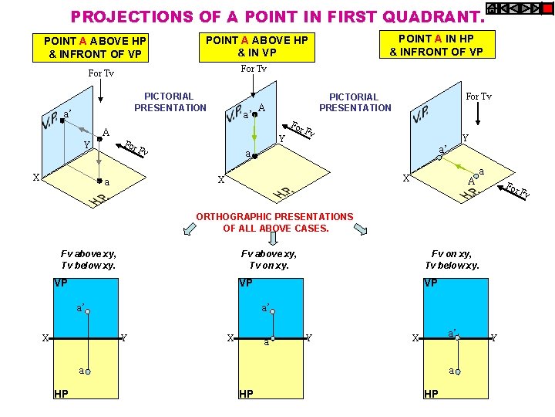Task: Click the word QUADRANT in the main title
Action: (433, 17)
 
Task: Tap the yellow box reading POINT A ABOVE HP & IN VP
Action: (257, 47)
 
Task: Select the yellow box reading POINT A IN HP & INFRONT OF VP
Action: (437, 44)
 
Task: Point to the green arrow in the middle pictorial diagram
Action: (254, 134)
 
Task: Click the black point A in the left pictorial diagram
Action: (99, 139)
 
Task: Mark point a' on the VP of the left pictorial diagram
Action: (62, 120)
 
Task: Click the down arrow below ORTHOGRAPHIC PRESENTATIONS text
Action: (273, 238)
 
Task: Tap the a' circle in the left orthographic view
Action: (87, 312)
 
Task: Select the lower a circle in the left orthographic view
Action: (88, 371)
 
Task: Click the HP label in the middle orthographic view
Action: (246, 394)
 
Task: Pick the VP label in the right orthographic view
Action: (431, 283)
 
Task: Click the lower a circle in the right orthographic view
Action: (458, 371)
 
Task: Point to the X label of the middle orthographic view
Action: (230, 338)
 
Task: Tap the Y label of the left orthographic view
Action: (124, 338)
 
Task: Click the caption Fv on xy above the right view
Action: (451, 254)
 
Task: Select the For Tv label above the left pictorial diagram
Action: (101, 73)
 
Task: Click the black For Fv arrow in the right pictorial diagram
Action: (512, 193)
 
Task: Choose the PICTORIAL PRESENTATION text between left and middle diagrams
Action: (170, 102)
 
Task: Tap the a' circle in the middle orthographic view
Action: (273, 312)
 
